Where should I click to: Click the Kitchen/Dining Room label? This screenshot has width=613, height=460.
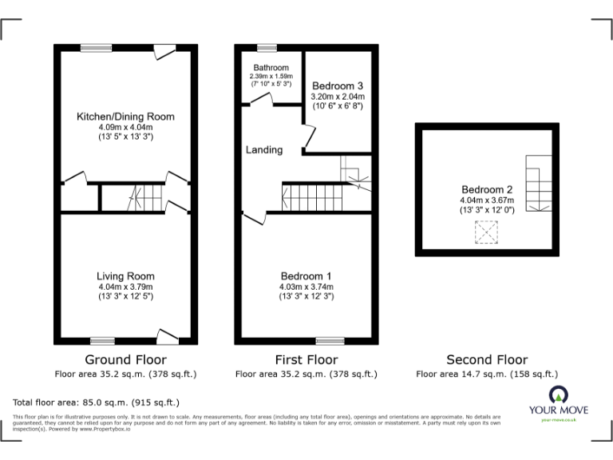[125, 117]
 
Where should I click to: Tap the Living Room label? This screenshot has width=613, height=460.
[125, 276]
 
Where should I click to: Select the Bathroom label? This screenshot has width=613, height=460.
[271, 68]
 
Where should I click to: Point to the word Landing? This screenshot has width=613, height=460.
[264, 149]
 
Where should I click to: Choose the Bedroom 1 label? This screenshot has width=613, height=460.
[306, 276]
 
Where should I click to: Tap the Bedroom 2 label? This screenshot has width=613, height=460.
[487, 189]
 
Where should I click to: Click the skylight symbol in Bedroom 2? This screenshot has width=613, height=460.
[485, 232]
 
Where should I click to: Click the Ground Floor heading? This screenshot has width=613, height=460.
[125, 359]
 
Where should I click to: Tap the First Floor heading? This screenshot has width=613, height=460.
[306, 359]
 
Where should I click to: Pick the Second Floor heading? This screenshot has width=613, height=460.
[487, 359]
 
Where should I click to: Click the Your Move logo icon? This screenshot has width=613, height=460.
[557, 394]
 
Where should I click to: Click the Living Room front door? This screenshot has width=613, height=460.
[168, 335]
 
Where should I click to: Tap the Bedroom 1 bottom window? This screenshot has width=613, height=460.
[330, 340]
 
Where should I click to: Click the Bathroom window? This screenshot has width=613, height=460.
[267, 47]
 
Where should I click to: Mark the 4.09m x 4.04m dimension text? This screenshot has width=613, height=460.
[125, 127]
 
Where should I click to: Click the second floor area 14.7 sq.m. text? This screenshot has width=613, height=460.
[487, 374]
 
